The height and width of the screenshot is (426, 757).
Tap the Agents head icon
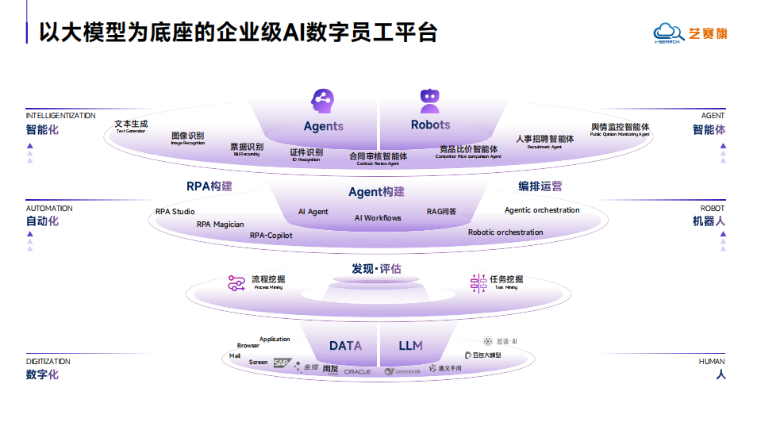[322, 101]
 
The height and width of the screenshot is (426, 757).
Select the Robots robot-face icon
[430, 101]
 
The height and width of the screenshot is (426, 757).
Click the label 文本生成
[131, 124]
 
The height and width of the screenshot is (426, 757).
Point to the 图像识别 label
[188, 136]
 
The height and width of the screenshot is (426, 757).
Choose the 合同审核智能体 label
[378, 156]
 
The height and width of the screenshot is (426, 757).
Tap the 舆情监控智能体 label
[620, 127]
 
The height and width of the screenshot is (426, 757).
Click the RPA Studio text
[175, 212]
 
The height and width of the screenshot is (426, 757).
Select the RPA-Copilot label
[271, 236]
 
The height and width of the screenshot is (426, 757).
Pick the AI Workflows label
[378, 218]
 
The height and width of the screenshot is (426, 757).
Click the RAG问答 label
[441, 212]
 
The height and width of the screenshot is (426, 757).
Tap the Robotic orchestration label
[505, 232]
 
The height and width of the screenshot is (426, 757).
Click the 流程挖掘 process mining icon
[236, 283]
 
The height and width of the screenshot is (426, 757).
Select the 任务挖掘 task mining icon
[478, 283]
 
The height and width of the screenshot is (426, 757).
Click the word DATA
[345, 346]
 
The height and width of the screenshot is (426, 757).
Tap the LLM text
[411, 346]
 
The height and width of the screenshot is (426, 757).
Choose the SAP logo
[282, 363]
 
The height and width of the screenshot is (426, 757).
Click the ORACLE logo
[357, 371]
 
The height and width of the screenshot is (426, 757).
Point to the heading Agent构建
[376, 192]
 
